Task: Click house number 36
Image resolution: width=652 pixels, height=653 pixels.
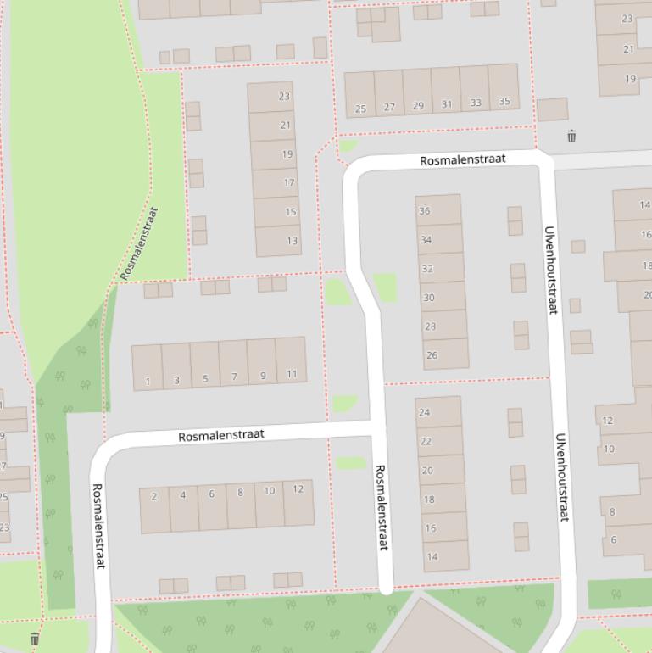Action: [x=425, y=211]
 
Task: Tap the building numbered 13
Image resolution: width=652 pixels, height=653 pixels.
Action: [x=292, y=241]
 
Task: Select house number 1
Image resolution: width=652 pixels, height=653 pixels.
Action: [x=148, y=381]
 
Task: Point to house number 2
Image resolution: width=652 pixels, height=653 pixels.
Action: [x=153, y=496]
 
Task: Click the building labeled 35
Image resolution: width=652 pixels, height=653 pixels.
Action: [x=504, y=102]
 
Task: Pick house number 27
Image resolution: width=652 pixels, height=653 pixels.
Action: [x=389, y=107]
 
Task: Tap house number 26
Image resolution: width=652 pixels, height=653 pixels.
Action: [x=432, y=354]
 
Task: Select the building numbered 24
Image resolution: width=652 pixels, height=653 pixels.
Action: [x=425, y=412]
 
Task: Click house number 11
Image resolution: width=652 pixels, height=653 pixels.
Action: [x=292, y=374]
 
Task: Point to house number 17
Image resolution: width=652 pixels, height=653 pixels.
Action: [x=289, y=182]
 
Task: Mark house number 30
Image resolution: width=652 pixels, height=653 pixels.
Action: [x=429, y=298]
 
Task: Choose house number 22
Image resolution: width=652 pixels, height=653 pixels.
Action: [x=426, y=441]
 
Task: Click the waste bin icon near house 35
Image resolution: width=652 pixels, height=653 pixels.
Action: [x=571, y=136]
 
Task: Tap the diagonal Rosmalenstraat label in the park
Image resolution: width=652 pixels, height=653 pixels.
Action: [x=139, y=243]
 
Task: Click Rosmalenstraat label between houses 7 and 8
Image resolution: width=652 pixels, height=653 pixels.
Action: [x=221, y=435]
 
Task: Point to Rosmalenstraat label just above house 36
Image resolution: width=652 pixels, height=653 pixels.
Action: [x=463, y=159]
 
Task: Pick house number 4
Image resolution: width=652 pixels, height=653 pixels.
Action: [x=182, y=494]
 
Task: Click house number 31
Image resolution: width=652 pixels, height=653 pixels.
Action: [x=447, y=104]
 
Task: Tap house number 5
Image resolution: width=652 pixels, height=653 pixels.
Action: [x=205, y=378]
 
